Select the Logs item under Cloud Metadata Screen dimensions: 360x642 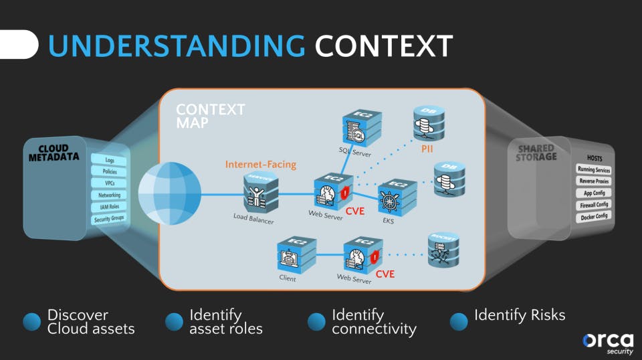[x=110, y=161]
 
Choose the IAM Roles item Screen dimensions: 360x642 [x=109, y=207]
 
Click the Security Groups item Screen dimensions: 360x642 [x=109, y=219]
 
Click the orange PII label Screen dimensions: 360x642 [x=427, y=149]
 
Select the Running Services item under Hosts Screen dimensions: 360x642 [x=594, y=169]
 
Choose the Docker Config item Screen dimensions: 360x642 [x=594, y=216]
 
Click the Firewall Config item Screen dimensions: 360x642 [x=594, y=205]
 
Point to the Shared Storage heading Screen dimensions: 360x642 [x=536, y=153]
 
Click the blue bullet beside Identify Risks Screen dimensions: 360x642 [x=459, y=322]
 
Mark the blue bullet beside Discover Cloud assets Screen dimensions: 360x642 [x=31, y=322]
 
